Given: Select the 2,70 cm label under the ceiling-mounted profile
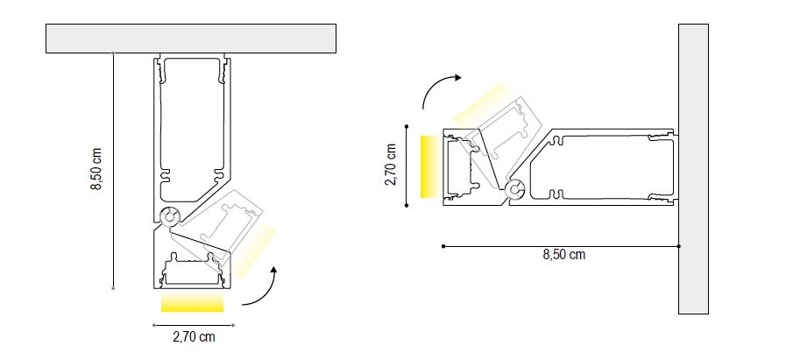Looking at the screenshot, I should point(194,335).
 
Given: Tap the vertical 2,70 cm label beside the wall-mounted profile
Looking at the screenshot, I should point(392,166).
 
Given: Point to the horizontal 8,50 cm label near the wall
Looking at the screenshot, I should point(563,255).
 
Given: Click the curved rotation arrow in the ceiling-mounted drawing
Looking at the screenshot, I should point(263,288).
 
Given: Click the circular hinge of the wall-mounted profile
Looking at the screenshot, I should point(515,187).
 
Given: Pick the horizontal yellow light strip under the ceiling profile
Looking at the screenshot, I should point(193,303).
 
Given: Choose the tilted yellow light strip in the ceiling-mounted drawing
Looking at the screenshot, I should point(256,245).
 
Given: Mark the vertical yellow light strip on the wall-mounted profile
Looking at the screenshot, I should point(428,166).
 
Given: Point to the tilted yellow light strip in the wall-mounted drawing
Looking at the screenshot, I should point(480,104).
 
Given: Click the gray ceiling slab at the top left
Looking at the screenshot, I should point(191,39).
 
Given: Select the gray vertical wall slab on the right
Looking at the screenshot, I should point(692,166).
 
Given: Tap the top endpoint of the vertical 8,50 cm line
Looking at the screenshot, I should point(114,53).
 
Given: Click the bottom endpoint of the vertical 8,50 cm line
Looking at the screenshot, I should point(114,287).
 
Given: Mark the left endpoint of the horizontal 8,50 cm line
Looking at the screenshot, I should point(443,246).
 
